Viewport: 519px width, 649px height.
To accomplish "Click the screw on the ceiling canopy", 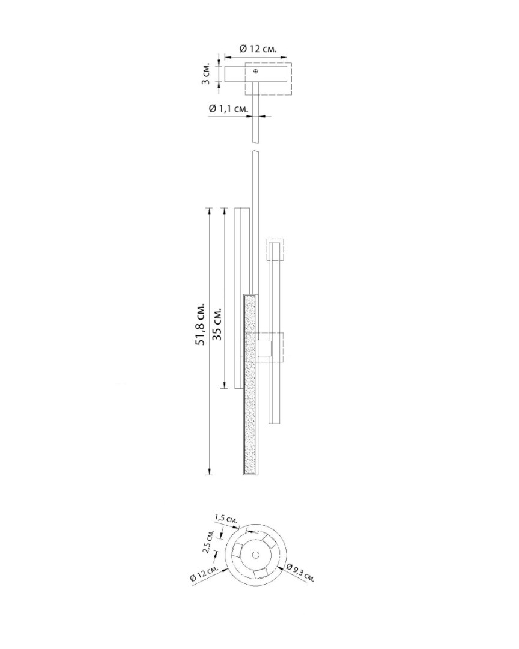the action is tap(256, 71).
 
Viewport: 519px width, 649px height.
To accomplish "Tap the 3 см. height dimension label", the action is tap(206, 74).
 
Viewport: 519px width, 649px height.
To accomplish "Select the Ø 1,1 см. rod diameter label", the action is tap(228, 108).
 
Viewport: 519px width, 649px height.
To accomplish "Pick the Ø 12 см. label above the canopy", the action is tap(258, 49).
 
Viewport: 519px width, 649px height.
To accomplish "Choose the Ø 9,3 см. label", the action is tap(300, 573).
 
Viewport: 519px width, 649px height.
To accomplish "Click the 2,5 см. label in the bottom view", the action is tap(208, 541).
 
